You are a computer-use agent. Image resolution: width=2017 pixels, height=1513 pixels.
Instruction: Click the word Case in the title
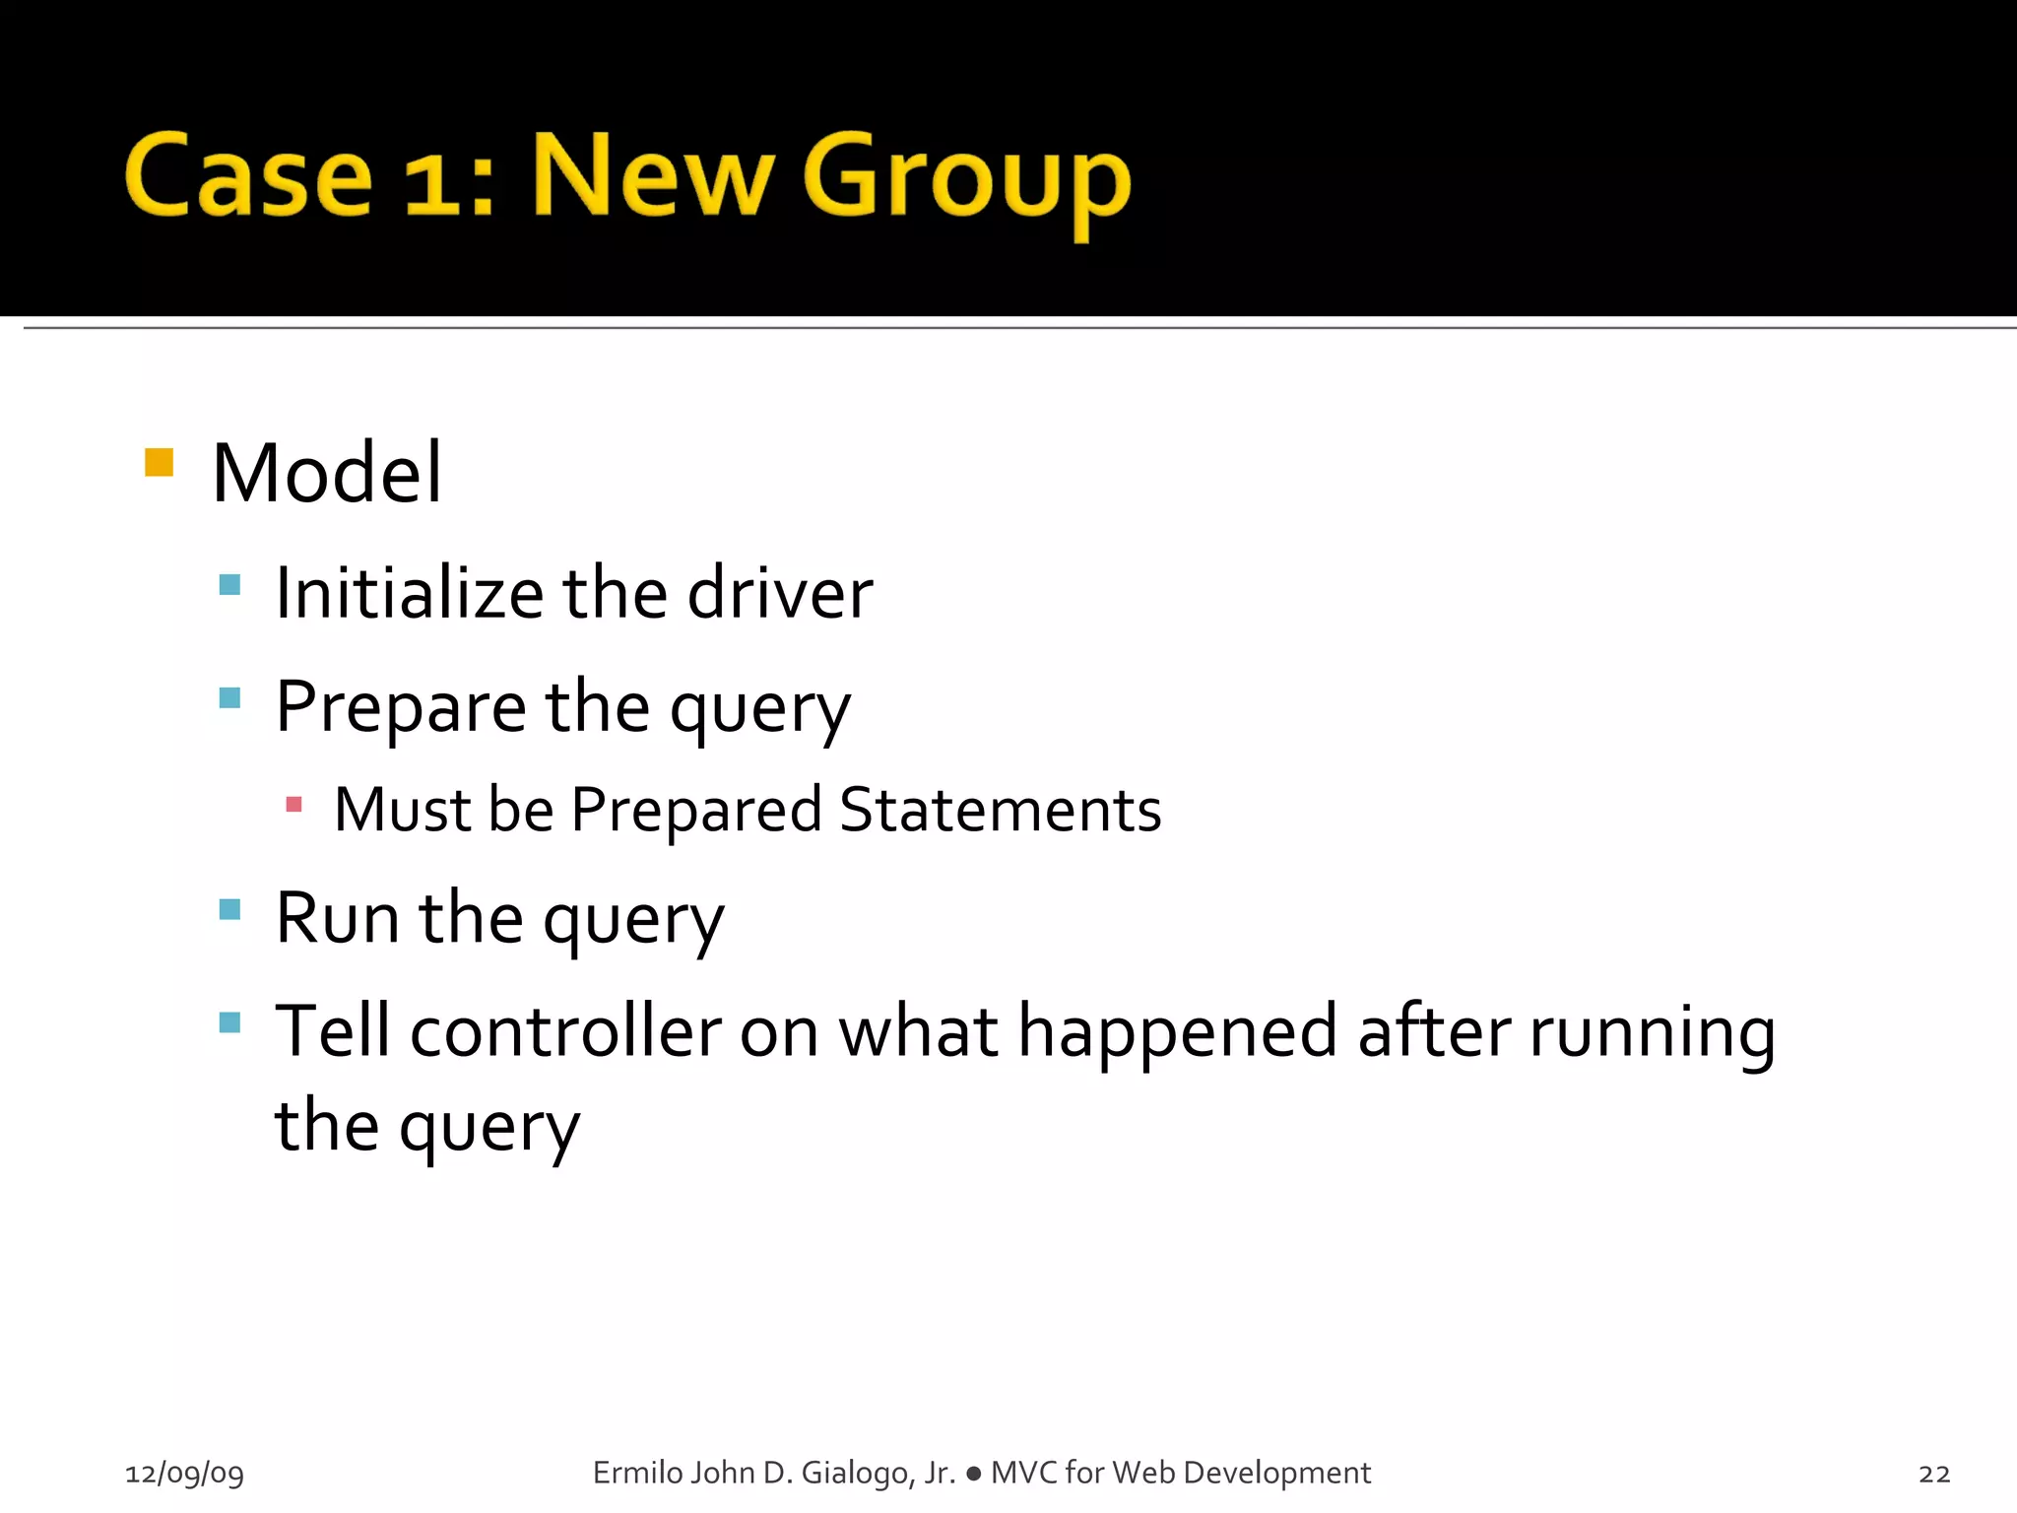pyautogui.click(x=248, y=177)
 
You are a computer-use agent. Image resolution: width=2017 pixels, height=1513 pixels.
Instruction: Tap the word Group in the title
pyautogui.click(x=966, y=182)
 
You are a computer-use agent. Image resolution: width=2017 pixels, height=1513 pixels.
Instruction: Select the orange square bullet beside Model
pyautogui.click(x=159, y=462)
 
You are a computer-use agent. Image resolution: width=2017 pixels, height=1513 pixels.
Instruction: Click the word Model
pyautogui.click(x=327, y=474)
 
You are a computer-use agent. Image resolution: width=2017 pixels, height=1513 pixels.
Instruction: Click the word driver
pyautogui.click(x=779, y=594)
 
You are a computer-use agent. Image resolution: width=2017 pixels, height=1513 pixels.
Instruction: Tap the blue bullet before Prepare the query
pyautogui.click(x=229, y=698)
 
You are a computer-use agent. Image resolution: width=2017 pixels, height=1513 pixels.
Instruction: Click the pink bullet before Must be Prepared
pyautogui.click(x=293, y=804)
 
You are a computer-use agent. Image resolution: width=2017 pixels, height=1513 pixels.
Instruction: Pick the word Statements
pyautogui.click(x=1000, y=810)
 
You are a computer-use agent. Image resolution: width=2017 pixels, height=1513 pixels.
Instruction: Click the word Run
pyautogui.click(x=337, y=918)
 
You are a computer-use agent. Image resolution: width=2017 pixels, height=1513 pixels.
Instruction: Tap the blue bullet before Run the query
pyautogui.click(x=229, y=908)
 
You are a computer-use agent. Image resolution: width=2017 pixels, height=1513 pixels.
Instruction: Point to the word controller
pyautogui.click(x=565, y=1031)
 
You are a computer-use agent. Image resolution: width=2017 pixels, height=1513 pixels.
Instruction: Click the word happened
pyautogui.click(x=1177, y=1031)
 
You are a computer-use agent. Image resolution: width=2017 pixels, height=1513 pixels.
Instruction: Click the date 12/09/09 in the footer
pyautogui.click(x=184, y=1474)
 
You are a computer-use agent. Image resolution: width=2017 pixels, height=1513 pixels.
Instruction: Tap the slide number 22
pyautogui.click(x=1934, y=1474)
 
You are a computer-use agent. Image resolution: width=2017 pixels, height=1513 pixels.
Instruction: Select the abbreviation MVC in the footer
pyautogui.click(x=1024, y=1473)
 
